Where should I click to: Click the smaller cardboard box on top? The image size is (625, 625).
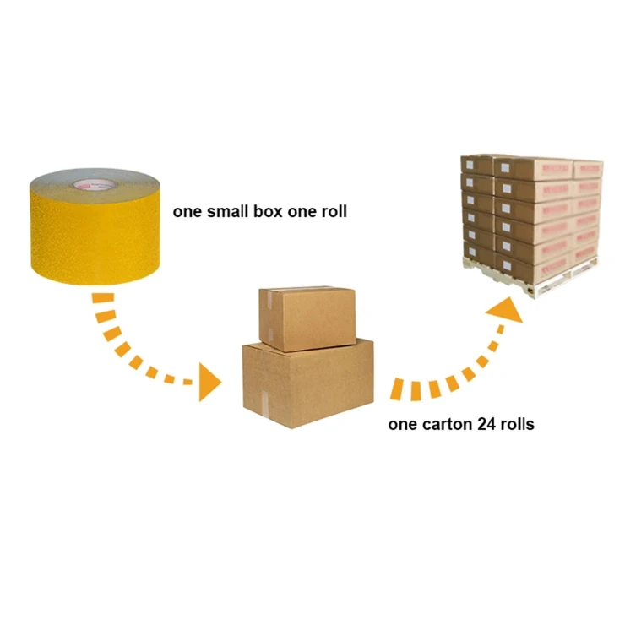coord(307,318)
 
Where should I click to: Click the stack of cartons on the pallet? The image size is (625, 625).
coord(530,216)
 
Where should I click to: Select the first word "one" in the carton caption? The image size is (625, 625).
coord(401,424)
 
